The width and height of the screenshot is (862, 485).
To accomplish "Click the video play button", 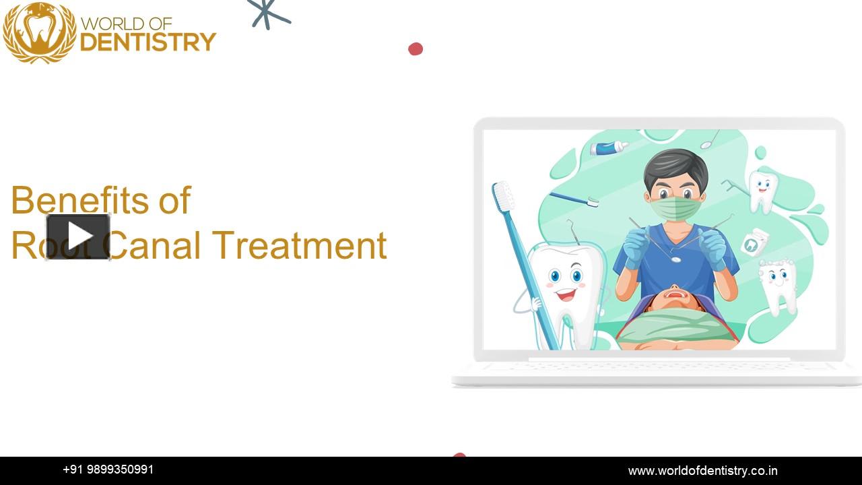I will coord(78,236).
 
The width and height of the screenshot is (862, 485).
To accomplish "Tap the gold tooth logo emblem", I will coord(40,32).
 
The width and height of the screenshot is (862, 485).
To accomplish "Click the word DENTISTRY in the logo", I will coord(148,42).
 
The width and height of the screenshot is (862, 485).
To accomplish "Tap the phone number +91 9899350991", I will coord(108,470).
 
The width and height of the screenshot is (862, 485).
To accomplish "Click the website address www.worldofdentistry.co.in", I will coord(702,471).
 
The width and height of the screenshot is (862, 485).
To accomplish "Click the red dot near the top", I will coord(416,48).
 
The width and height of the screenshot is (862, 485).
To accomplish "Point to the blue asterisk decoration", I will coord(267,13).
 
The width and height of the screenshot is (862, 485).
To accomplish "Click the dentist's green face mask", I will coord(675,207).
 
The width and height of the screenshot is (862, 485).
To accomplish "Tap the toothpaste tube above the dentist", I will coord(609,148).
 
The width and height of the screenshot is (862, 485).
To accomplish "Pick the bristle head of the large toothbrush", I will coord(502,196).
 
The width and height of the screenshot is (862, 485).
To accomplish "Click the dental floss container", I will coord(754,242).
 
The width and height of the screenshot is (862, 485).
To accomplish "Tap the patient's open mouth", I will coord(675,294).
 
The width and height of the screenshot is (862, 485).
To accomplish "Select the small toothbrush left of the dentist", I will coord(573,199).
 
